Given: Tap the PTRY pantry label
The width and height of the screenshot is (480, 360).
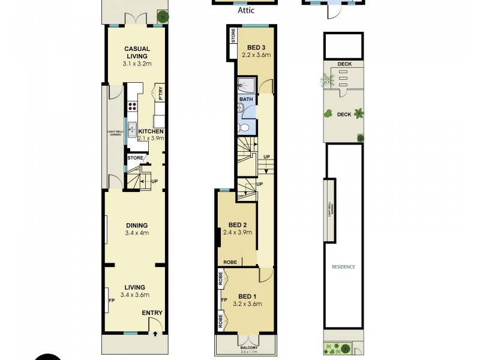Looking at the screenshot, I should [161, 94].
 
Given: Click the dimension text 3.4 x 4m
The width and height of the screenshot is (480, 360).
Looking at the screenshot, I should [137, 233].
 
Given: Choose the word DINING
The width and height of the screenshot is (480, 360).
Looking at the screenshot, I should [137, 226].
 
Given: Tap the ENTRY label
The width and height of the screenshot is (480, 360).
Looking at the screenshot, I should [151, 313].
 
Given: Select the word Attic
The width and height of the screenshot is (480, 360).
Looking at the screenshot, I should [245, 11].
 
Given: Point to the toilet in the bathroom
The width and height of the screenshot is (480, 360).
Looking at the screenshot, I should [244, 127].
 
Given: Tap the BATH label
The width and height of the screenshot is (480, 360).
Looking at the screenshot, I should [246, 100].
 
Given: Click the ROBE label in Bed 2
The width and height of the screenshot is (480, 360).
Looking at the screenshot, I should [230, 262].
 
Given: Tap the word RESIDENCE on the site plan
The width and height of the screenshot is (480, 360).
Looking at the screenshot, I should [344, 267].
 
